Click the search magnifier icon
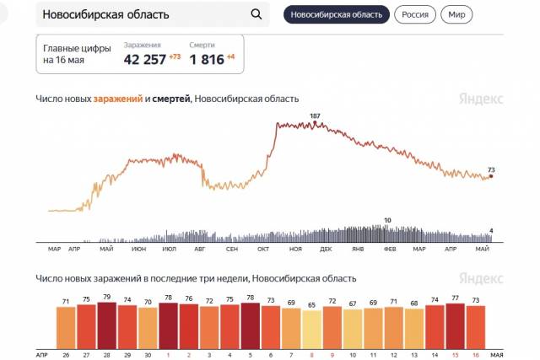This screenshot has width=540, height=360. click(256, 15)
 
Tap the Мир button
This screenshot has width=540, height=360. click(456, 15)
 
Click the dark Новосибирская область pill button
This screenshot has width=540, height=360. click(337, 15)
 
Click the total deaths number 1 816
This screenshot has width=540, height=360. click(210, 59)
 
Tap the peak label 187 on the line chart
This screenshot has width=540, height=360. click(316, 116)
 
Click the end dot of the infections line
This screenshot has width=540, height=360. click(491, 176)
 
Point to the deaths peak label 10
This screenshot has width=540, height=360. click(387, 220)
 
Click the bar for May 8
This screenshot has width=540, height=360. click(311, 328)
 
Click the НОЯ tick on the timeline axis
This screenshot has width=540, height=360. click(295, 250)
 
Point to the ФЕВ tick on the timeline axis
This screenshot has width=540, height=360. click(390, 250)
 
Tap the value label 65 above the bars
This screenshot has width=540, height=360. click(311, 304)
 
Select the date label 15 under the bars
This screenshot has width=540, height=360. click(455, 354)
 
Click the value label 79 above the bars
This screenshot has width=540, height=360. click(107, 297)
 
